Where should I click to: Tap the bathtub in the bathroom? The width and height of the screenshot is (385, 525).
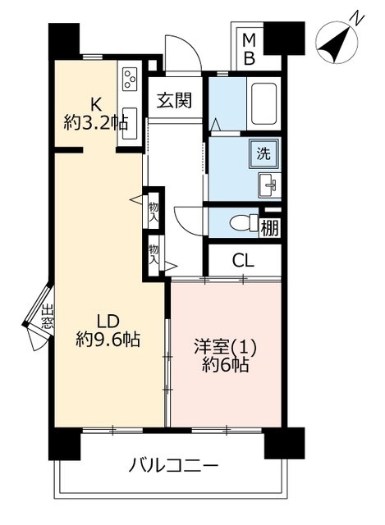(264, 103)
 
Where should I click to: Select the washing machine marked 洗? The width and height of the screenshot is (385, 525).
(264, 153)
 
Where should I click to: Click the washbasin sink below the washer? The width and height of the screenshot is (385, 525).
(268, 185)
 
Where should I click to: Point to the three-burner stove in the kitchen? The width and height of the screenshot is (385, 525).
(130, 80)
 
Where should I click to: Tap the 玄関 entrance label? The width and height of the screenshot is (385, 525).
(175, 100)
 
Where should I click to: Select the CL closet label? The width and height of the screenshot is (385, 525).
(243, 260)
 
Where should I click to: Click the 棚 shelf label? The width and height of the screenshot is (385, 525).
(270, 228)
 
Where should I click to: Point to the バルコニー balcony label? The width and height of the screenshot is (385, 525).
(173, 466)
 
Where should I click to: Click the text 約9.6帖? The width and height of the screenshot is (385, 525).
(108, 339)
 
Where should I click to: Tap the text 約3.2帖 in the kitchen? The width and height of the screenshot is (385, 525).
(96, 124)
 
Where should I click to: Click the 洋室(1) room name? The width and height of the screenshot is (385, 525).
(226, 347)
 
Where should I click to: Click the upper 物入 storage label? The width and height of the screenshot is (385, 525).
(154, 212)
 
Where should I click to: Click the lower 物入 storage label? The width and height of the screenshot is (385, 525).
(154, 254)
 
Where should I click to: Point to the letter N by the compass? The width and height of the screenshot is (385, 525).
(357, 20)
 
